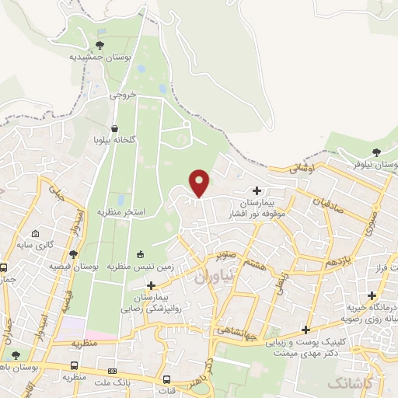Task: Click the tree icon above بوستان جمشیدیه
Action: click(99, 44)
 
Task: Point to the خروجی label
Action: click(122, 95)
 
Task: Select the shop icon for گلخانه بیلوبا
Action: click(115, 129)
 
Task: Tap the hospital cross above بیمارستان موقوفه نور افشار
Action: click(257, 190)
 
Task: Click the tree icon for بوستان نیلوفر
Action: click(377, 152)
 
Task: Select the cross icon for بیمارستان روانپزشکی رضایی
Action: click(151, 285)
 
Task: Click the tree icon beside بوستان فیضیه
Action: click(74, 253)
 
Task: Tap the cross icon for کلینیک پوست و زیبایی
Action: click(306, 329)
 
